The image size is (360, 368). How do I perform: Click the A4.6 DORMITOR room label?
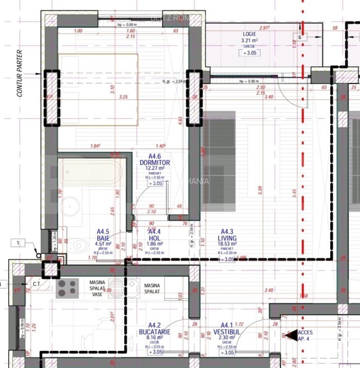pos(154,159)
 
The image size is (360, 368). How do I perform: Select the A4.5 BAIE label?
pos(103,235)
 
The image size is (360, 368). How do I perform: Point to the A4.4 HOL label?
pos(154,235)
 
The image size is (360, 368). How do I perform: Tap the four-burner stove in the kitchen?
pos(67,287)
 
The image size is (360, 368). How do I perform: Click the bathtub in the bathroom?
pos(91,172)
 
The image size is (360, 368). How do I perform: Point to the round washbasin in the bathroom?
pos(71,205)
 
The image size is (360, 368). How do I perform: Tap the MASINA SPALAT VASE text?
pos(97,288)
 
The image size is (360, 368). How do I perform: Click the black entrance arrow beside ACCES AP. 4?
pos(291,336)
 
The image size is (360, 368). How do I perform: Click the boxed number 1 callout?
pos(18,243)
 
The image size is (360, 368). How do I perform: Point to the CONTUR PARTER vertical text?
pos(19,74)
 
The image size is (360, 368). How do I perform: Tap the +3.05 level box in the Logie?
pos(249,53)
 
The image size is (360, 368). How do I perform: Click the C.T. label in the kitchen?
pos(37,283)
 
